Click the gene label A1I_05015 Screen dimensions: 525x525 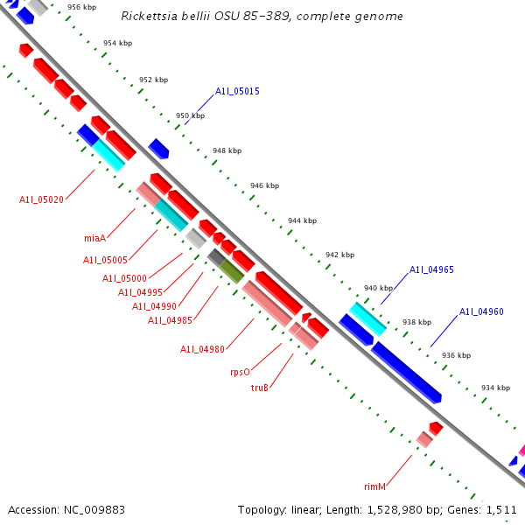237,91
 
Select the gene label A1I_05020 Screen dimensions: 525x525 41,199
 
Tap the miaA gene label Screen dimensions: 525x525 94,238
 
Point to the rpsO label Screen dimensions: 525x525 240,371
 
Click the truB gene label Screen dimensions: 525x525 260,387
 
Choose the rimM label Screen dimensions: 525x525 375,486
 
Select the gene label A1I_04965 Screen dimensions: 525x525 431,269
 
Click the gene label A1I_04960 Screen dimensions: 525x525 481,311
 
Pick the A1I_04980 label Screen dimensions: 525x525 202,349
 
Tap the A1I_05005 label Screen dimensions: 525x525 105,260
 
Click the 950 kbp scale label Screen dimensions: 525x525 190,115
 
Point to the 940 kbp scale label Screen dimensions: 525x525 378,288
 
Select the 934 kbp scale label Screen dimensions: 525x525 495,388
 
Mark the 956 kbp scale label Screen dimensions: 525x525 81,7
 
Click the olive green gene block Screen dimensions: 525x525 231,270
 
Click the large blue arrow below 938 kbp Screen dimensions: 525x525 406,372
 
